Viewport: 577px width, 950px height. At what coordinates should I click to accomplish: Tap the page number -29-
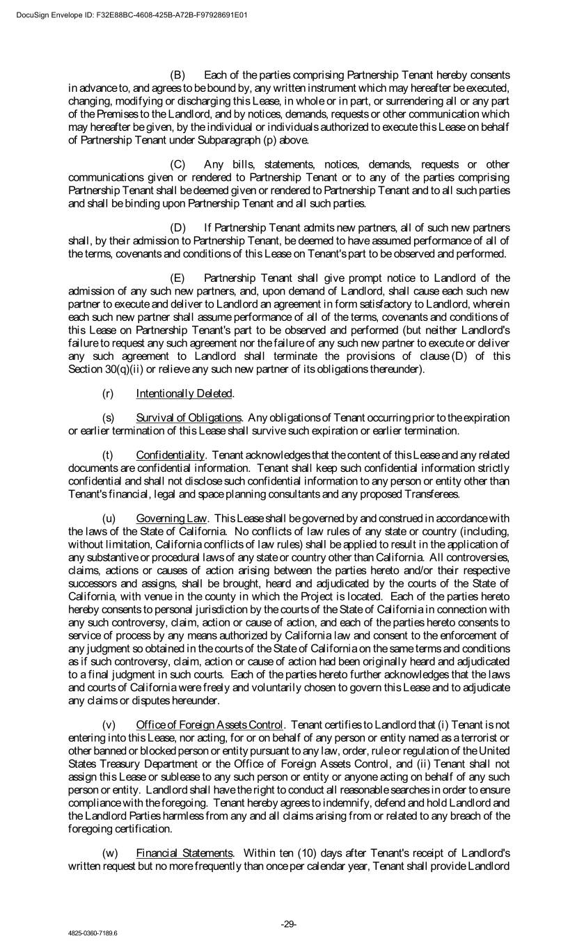pos(289,924)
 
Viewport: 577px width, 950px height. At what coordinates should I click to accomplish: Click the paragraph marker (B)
pos(178,75)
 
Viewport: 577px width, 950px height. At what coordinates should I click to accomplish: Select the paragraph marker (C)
pos(178,164)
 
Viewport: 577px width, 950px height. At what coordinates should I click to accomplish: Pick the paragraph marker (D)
pos(178,228)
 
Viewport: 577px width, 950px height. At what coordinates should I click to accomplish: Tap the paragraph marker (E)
pos(178,278)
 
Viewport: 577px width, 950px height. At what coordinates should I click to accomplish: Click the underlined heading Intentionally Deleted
pos(184,394)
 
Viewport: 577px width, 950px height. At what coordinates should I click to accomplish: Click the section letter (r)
pos(108,394)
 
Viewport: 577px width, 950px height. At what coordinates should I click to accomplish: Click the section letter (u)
pos(109,518)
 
